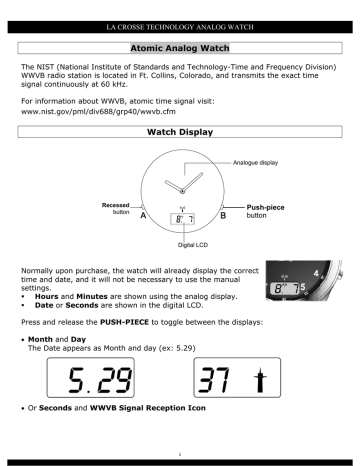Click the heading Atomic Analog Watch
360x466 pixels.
pyautogui.click(x=181, y=46)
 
